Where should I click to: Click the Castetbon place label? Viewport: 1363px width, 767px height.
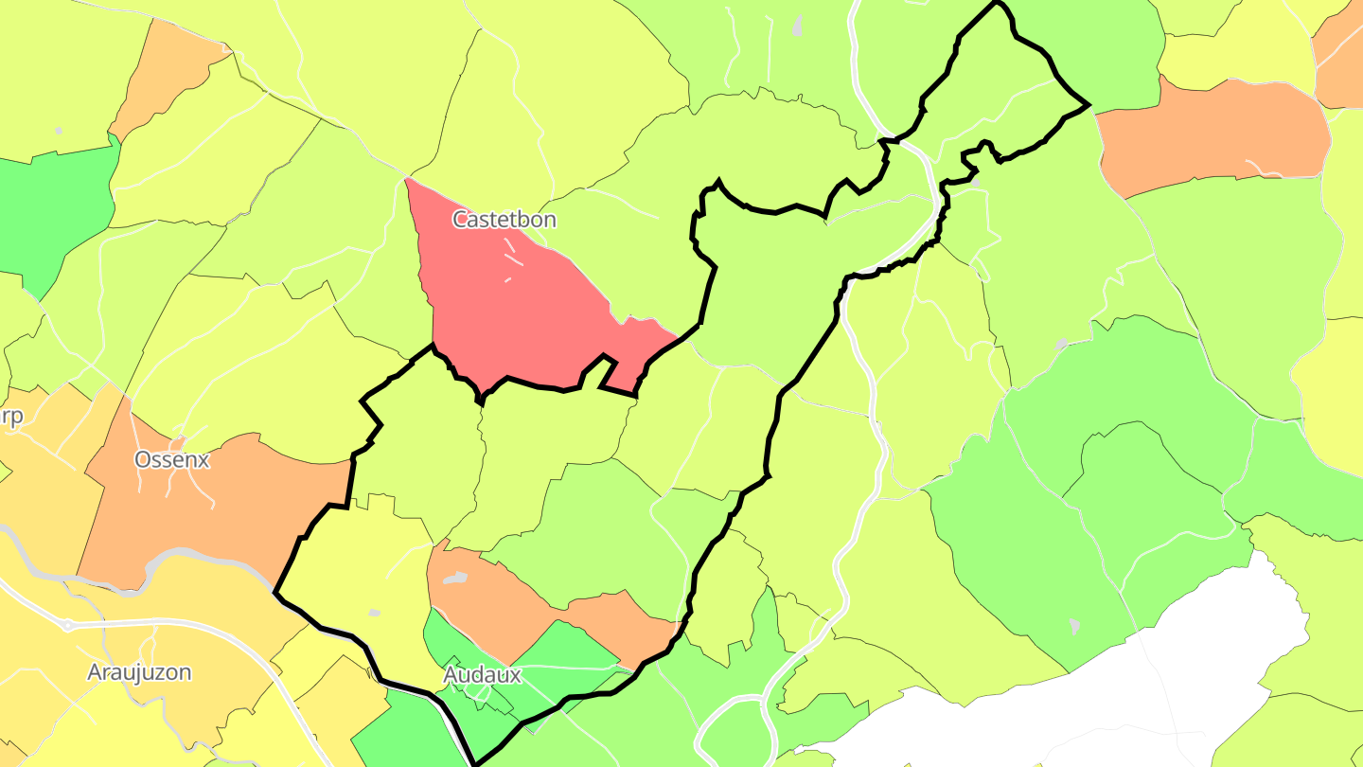pos(504,220)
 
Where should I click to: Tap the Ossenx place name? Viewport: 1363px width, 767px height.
pos(171,460)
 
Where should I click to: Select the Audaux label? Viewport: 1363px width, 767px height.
pos(482,675)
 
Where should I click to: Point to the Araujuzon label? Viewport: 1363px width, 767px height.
pos(139,673)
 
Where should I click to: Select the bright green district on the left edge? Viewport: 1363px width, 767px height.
pos(57,208)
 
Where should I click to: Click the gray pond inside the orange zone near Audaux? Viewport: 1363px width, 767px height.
pos(455,577)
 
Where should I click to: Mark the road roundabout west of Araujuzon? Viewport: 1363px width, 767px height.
pos(68,626)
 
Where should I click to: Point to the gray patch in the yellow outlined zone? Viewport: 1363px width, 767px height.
pos(375,614)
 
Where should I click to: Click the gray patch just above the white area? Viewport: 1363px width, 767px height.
pos(1073,626)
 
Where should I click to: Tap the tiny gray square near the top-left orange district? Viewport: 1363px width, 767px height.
pos(59,130)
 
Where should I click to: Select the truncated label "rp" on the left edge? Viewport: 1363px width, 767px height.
pos(11,419)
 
